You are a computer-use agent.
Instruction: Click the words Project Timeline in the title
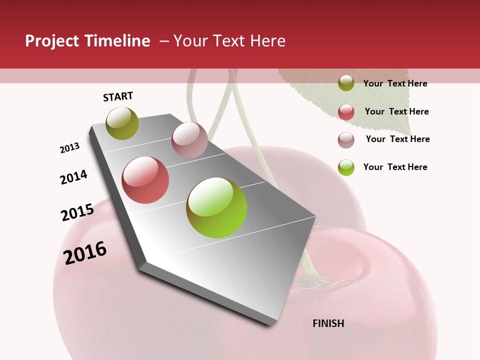(x=87, y=41)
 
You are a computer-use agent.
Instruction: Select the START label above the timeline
(x=118, y=96)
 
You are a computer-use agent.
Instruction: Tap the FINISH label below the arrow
(x=328, y=323)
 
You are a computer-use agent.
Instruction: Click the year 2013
(x=70, y=148)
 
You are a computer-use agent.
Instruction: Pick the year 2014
(x=73, y=177)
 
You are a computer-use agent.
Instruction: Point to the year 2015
(x=77, y=212)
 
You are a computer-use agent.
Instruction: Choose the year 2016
(x=85, y=252)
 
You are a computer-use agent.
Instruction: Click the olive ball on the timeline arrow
(x=122, y=123)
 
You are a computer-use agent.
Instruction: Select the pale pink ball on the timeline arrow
(x=189, y=140)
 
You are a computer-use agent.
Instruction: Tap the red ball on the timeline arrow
(x=145, y=180)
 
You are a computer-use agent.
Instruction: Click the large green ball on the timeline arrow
(x=216, y=207)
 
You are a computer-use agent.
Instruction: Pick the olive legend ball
(x=346, y=83)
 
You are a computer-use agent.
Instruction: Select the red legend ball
(x=346, y=112)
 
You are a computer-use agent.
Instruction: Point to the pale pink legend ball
(x=346, y=140)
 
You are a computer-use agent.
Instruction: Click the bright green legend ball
(x=346, y=167)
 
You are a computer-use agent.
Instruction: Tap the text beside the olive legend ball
(x=395, y=83)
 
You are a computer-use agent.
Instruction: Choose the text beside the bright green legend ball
(x=395, y=167)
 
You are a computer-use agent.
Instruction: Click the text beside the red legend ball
(x=396, y=111)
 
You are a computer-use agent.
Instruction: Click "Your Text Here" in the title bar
(x=229, y=41)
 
